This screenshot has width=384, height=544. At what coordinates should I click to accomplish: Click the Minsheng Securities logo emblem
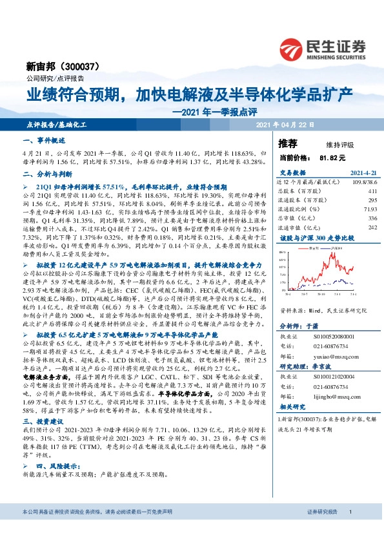click(294, 48)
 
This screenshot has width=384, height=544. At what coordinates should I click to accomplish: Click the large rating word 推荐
click(288, 143)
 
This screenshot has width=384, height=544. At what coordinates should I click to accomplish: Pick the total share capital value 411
click(372, 191)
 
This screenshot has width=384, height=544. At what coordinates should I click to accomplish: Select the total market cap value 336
click(372, 218)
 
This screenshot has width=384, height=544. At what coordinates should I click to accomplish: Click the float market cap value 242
click(372, 227)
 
